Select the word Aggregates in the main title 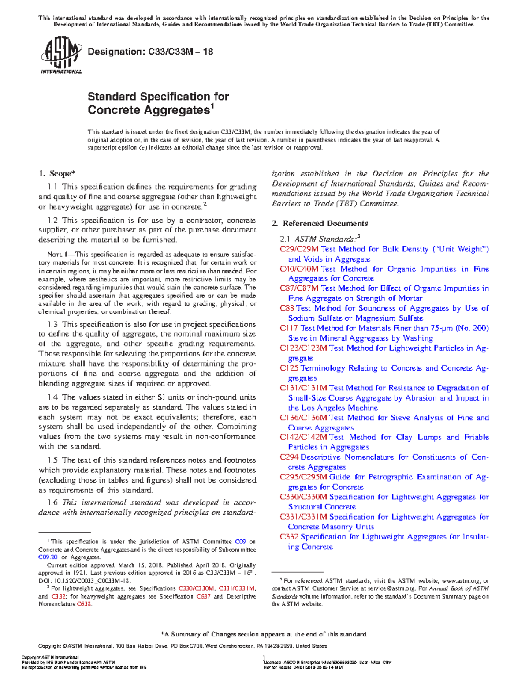(x=177, y=110)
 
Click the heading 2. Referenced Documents (x=320, y=223)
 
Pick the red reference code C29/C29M (x=299, y=249)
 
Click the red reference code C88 (x=287, y=308)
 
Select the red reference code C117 (x=289, y=328)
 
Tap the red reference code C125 (x=289, y=368)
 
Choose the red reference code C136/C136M (x=303, y=418)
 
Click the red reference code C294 (x=289, y=457)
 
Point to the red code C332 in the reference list (x=289, y=537)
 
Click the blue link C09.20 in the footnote (x=48, y=557)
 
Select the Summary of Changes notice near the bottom (x=264, y=634)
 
